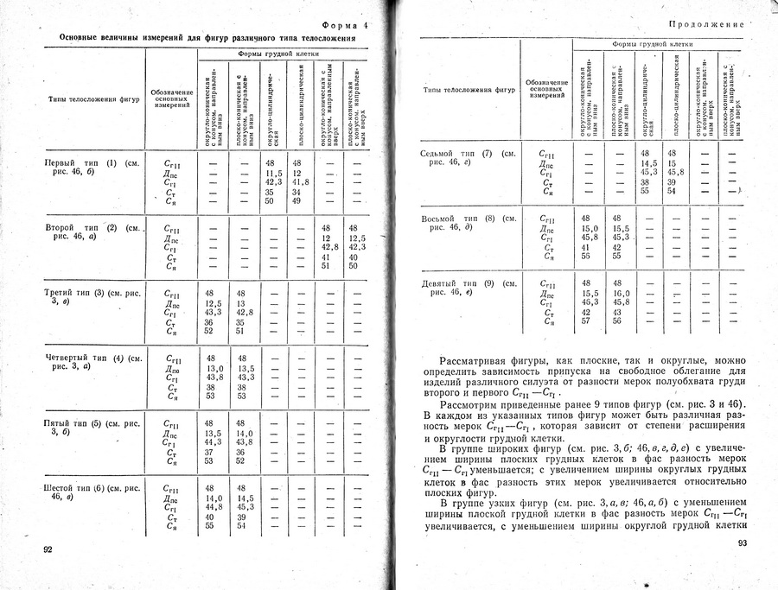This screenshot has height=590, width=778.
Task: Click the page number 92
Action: tap(48, 549)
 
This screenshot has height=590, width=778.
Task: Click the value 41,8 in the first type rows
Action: tap(300, 182)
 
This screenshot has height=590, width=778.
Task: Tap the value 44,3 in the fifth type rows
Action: tap(214, 442)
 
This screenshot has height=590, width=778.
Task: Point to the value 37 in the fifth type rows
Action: tap(209, 452)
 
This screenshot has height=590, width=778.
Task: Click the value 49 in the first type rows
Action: tap(296, 201)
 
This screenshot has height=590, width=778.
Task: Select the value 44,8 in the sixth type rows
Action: tap(214, 507)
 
